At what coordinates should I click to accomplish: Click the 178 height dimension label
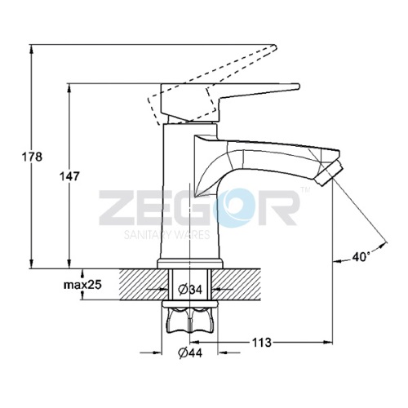[x=32, y=157]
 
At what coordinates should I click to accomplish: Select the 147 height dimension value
[x=69, y=176]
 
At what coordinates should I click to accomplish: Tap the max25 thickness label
[x=82, y=285]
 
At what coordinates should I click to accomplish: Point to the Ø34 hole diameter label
[x=190, y=289]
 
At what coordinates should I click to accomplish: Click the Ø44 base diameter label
[x=190, y=353]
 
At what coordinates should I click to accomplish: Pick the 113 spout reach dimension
[x=261, y=343]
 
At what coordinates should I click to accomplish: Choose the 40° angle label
[x=361, y=256]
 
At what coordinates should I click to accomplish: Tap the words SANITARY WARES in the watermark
[x=166, y=234]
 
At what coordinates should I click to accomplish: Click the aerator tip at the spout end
[x=328, y=174]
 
